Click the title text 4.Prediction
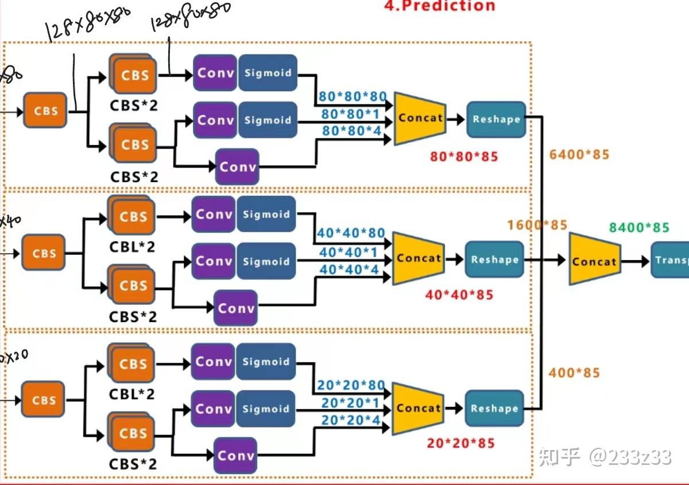click(440, 6)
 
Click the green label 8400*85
click(639, 228)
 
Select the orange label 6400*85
click(579, 154)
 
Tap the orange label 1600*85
click(537, 224)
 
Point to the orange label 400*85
click(574, 373)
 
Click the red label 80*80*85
click(464, 156)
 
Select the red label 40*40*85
click(459, 295)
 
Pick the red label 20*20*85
click(460, 443)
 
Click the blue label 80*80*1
click(350, 114)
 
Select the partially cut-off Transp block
click(670, 260)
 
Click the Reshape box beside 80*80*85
click(496, 119)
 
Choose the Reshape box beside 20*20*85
click(494, 409)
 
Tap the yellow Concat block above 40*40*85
click(419, 258)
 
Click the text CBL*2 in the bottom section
click(132, 395)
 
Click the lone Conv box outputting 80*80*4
click(237, 167)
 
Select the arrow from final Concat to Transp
click(636, 261)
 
